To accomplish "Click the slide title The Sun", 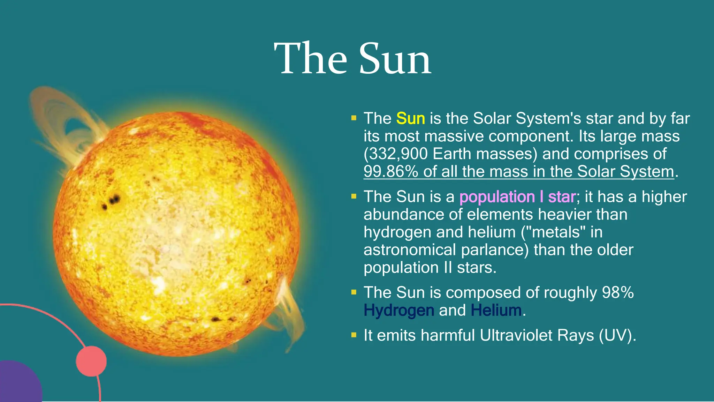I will (x=352, y=59).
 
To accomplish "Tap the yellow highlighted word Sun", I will (x=410, y=119).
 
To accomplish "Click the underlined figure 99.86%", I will (x=390, y=172).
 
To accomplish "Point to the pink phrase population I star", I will (x=517, y=197).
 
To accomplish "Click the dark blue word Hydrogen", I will (x=399, y=310).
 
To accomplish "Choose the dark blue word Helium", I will (x=496, y=310).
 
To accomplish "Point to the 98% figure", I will (x=618, y=292).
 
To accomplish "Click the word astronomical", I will (x=410, y=250).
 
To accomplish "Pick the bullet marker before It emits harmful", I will (x=354, y=335).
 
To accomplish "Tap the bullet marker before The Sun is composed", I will (x=354, y=292).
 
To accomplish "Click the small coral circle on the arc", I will (x=91, y=361).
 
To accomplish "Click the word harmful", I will (x=448, y=335).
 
